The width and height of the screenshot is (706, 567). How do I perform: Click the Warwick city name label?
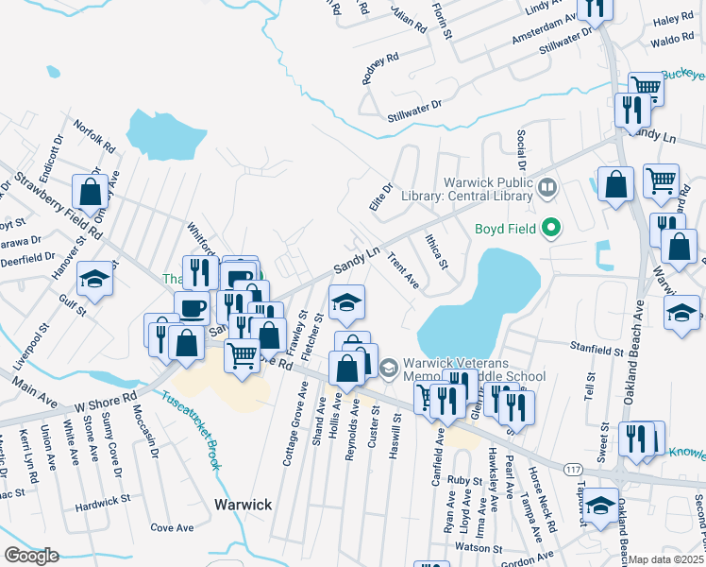(243, 505)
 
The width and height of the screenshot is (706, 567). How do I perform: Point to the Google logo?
(30, 556)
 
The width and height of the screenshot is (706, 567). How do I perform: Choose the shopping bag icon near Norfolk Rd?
(91, 192)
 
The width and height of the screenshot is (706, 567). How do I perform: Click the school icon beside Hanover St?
(94, 280)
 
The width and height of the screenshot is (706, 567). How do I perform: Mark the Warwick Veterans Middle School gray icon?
(388, 366)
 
